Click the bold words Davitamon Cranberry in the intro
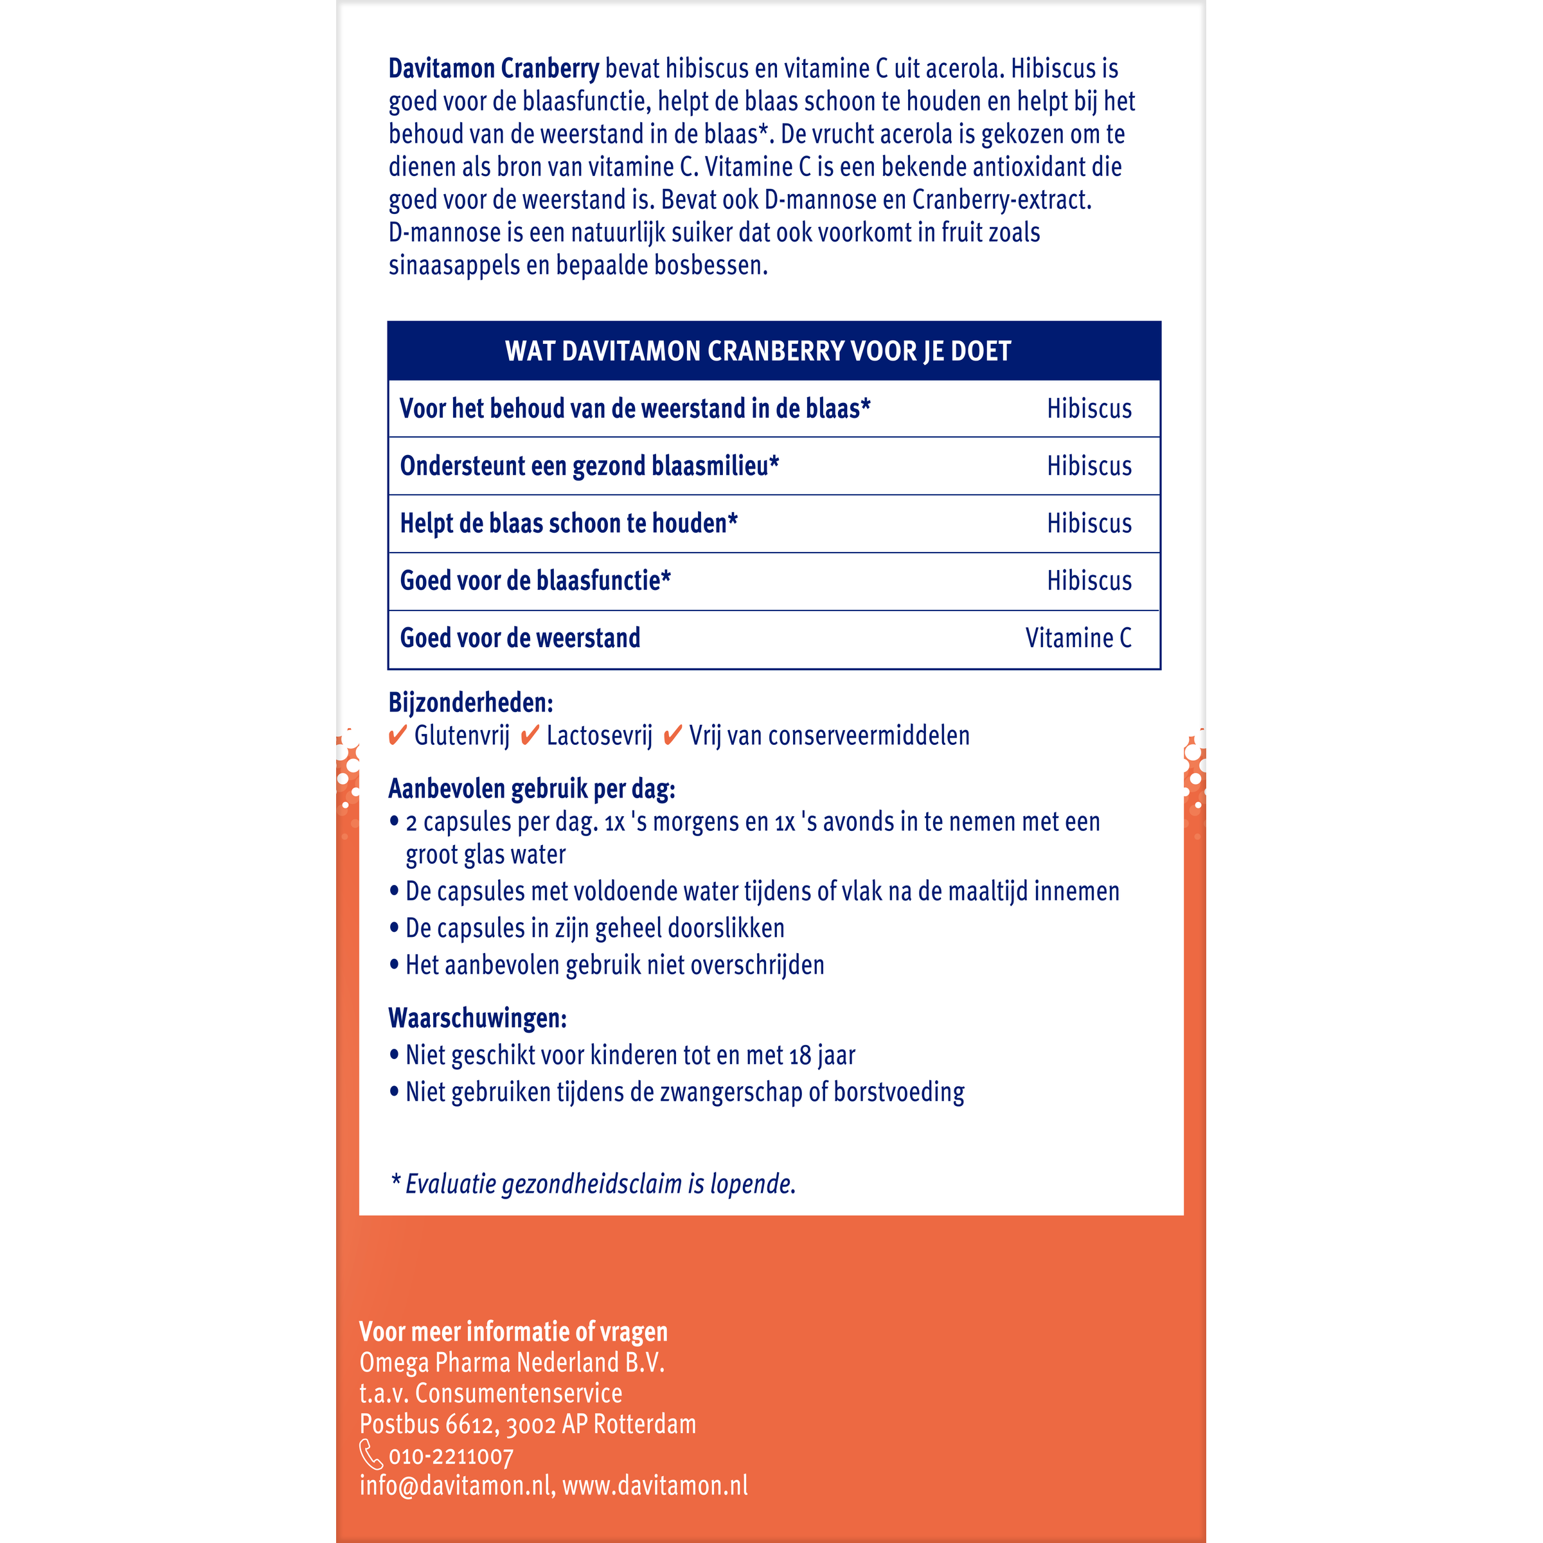click(493, 69)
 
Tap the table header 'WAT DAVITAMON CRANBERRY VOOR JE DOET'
click(758, 352)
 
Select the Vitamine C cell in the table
click(1078, 638)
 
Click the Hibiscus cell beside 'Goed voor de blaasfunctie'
click(1089, 580)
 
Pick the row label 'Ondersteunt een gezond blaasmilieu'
click(589, 466)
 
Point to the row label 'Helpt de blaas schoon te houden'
click(568, 523)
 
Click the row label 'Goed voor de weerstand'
click(520, 638)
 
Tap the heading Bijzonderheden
click(470, 703)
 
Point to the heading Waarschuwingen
click(477, 1019)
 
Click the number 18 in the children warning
click(800, 1056)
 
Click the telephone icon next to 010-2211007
click(371, 1455)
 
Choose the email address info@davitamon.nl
click(456, 1486)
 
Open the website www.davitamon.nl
click(655, 1486)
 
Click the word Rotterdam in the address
click(645, 1424)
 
